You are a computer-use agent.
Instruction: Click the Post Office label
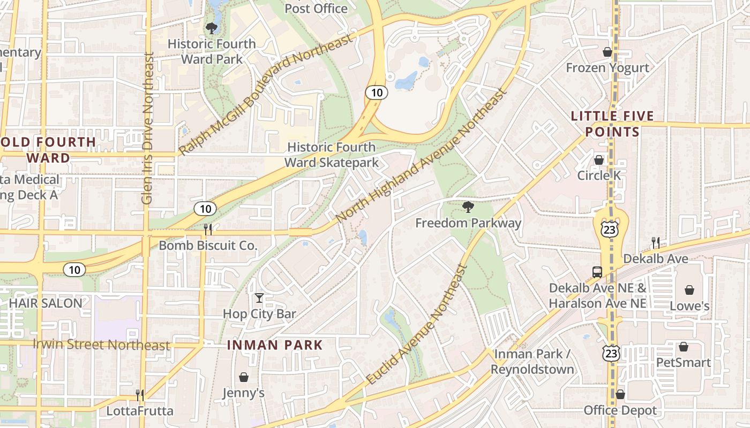click(x=316, y=9)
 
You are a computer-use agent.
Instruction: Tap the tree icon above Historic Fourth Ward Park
click(x=212, y=28)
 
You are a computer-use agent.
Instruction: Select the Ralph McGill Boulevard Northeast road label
click(x=266, y=94)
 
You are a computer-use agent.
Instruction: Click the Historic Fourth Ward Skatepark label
click(x=331, y=155)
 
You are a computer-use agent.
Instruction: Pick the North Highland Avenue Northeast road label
click(x=421, y=156)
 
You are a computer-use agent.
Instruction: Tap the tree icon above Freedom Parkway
click(x=468, y=207)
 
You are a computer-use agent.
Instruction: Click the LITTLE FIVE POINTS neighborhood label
click(x=612, y=124)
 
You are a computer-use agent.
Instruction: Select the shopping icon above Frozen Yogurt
click(x=607, y=52)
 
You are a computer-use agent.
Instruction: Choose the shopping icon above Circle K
click(x=599, y=160)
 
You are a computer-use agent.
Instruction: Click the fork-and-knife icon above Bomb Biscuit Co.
click(x=208, y=229)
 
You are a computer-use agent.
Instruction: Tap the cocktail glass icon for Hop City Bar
click(x=259, y=298)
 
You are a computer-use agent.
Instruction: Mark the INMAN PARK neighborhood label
click(x=275, y=345)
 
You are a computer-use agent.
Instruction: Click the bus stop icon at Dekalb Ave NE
click(x=597, y=272)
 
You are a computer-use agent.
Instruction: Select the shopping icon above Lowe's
click(x=689, y=290)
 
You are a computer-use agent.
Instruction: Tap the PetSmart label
click(x=684, y=362)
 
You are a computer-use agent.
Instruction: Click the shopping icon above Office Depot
click(x=620, y=394)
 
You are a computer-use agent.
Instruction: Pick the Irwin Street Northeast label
click(x=101, y=345)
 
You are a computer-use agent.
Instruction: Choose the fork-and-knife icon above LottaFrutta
click(x=140, y=395)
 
